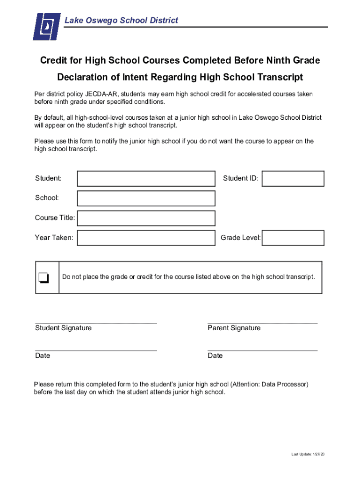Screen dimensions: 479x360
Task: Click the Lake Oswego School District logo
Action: point(47,26)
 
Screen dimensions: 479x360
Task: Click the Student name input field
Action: point(146,178)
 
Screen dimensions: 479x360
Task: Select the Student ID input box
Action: point(293,178)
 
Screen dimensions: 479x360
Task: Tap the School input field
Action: point(146,198)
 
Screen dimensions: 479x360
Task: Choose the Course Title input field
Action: point(146,218)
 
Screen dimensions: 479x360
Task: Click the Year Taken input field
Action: point(146,238)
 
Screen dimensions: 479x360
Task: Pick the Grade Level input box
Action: point(293,238)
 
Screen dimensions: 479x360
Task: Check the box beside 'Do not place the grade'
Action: point(44,277)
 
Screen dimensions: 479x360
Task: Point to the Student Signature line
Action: point(96,322)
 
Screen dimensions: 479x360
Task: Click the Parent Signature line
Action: point(262,322)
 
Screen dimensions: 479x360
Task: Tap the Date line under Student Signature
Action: point(96,350)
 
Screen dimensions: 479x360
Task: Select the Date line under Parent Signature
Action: point(262,350)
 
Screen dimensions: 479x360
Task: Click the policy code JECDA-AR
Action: point(101,94)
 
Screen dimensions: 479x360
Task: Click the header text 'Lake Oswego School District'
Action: point(121,21)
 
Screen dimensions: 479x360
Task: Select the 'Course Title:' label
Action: point(55,218)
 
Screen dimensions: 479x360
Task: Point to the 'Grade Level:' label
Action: point(241,238)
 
